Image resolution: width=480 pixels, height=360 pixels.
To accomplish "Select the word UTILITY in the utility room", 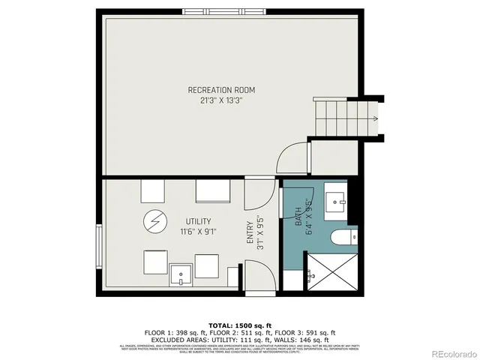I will pyautogui.click(x=198, y=221).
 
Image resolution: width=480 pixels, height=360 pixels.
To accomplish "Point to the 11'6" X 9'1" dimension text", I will pyautogui.click(x=198, y=231).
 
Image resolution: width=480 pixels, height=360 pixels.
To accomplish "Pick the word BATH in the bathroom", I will pyautogui.click(x=298, y=218).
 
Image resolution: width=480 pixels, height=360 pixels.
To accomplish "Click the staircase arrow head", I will pyautogui.click(x=374, y=118).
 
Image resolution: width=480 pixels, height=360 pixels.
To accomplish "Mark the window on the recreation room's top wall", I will pyautogui.click(x=222, y=12).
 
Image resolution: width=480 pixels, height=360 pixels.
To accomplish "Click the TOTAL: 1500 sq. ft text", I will pyautogui.click(x=240, y=325).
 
